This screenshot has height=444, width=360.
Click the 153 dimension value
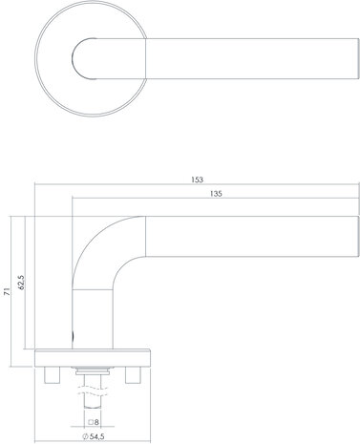198,180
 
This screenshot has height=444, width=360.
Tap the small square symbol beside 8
91,420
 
